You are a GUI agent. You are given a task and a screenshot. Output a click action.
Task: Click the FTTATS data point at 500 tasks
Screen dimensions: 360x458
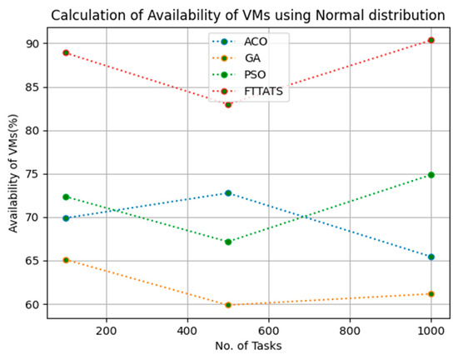pyautogui.click(x=228, y=104)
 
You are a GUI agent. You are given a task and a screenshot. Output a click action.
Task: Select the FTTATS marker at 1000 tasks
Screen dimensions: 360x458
pyautogui.click(x=431, y=40)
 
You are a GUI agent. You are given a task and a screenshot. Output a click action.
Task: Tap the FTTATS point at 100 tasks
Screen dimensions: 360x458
pyautogui.click(x=66, y=52)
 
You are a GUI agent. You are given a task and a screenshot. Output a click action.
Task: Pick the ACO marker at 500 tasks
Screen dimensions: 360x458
pyautogui.click(x=228, y=192)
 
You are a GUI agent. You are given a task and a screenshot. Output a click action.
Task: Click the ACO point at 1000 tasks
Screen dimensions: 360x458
pyautogui.click(x=431, y=257)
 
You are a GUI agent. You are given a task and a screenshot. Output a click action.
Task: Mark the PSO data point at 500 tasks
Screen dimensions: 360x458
pyautogui.click(x=228, y=242)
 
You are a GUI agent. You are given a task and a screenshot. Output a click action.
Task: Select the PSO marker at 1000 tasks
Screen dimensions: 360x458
pyautogui.click(x=431, y=175)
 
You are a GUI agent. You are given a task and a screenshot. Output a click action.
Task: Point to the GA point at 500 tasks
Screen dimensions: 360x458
pyautogui.click(x=228, y=305)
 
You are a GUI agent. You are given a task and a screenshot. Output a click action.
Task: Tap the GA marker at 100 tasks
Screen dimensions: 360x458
pyautogui.click(x=66, y=260)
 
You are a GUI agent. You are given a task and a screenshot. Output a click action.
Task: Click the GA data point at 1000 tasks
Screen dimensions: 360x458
pyautogui.click(x=431, y=293)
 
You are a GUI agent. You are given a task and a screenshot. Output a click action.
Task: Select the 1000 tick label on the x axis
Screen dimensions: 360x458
pyautogui.click(x=431, y=327)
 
